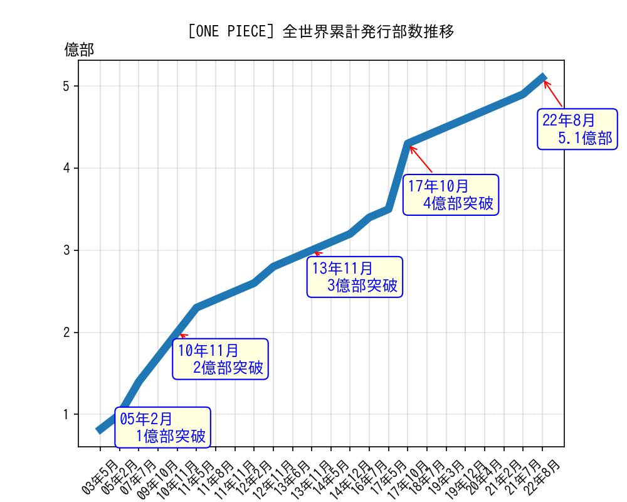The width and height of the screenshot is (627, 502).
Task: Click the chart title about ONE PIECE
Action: coord(320,31)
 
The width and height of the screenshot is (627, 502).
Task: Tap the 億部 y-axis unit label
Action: coord(79,50)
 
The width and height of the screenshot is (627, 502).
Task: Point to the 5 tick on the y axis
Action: coord(66,86)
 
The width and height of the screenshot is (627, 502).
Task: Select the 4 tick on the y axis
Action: coord(66,168)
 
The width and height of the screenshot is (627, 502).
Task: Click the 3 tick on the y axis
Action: coord(66,250)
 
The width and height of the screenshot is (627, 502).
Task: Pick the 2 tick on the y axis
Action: coord(66,333)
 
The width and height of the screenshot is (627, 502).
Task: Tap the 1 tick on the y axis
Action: coord(66,415)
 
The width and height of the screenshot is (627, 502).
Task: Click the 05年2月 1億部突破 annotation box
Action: coord(162,427)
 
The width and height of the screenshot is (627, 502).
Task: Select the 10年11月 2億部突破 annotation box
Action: coord(221,359)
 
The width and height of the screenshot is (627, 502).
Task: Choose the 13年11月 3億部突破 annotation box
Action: coord(355,277)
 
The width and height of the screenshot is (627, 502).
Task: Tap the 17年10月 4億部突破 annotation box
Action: coord(451,195)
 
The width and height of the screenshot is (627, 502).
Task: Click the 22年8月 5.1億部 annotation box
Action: coord(577,129)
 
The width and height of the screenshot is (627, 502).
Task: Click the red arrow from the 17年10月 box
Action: coord(421,159)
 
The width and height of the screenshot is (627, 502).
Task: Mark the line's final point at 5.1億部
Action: coord(543,77)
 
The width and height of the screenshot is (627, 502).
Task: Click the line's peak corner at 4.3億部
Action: coord(408,144)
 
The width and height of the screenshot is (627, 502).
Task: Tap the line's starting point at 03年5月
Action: coord(100,430)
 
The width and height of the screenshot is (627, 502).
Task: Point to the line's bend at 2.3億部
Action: coord(196,307)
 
